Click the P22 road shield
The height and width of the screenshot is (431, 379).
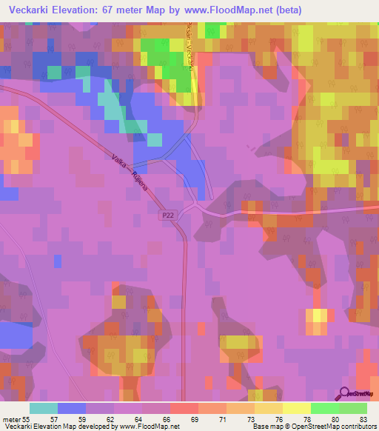tap(168, 215)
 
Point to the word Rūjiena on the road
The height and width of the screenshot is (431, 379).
tap(139, 179)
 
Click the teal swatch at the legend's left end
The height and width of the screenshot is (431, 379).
tap(43, 408)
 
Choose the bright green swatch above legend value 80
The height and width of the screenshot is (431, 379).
tap(324, 408)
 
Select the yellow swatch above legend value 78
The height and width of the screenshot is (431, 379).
tap(296, 408)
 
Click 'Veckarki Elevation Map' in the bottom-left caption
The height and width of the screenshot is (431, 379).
tap(36, 427)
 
